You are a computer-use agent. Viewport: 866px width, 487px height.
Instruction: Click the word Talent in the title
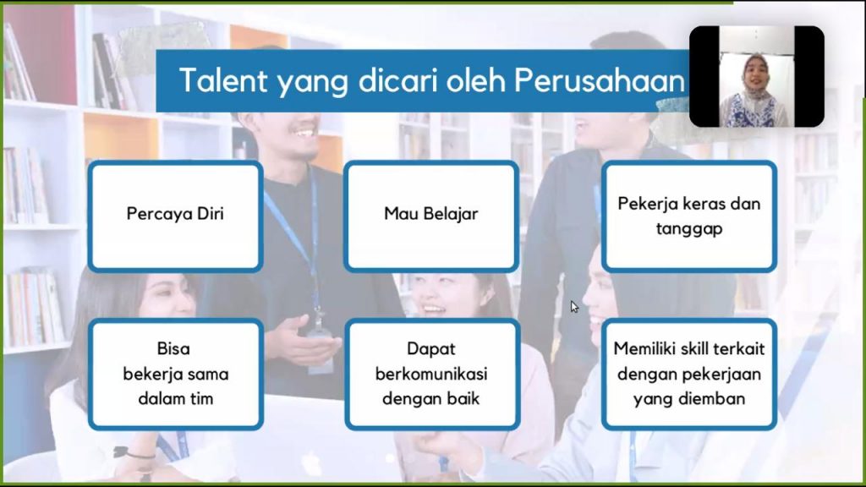[x=223, y=79]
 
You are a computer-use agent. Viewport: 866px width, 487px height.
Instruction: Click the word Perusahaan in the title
[x=600, y=80]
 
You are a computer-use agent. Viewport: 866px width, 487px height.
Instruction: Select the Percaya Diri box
[x=176, y=216]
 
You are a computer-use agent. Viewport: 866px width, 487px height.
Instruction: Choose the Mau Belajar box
[x=431, y=216]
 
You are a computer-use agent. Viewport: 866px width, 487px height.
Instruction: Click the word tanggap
[x=689, y=228]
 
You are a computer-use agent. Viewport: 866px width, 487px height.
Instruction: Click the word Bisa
[x=173, y=348]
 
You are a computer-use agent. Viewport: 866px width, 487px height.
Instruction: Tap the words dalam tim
[x=176, y=398]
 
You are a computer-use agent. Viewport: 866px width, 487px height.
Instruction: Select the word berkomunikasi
[x=431, y=374]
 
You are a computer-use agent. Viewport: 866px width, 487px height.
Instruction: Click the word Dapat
[x=431, y=349]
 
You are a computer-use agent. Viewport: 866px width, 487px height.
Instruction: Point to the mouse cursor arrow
[x=574, y=307]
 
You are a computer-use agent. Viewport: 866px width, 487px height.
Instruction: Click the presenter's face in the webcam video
[x=756, y=73]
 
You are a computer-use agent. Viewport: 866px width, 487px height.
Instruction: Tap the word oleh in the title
[x=476, y=80]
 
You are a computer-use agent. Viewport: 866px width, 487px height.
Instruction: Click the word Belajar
[x=451, y=214]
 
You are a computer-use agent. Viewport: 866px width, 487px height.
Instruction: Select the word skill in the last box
[x=694, y=348]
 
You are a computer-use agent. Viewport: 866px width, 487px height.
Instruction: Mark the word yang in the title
[x=312, y=83]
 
